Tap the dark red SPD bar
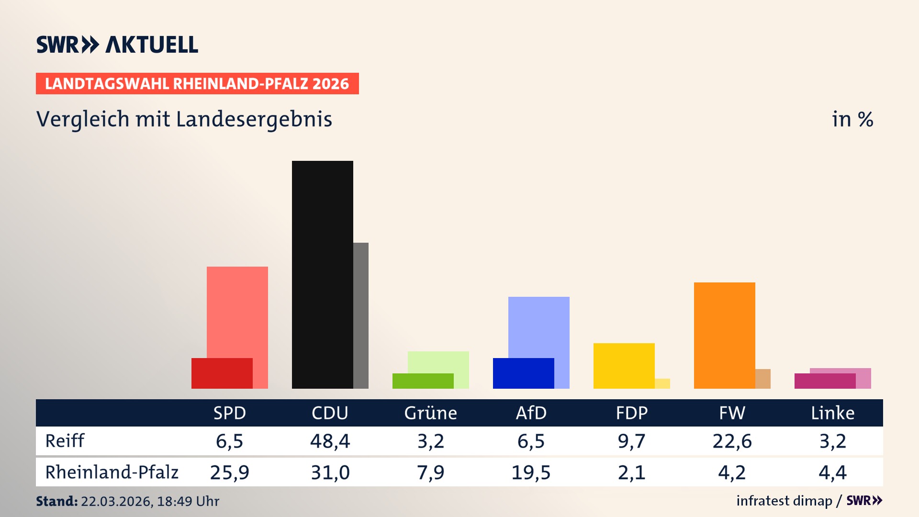point(222,373)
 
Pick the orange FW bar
point(724,335)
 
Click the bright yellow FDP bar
point(624,366)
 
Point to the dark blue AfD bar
point(523,373)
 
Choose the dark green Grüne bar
point(423,381)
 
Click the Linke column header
point(832,413)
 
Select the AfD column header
point(531,413)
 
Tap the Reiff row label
point(65,441)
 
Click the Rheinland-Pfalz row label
point(112,472)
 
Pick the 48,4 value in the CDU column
point(330,441)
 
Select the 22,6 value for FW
point(732,441)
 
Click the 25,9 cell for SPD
point(229,472)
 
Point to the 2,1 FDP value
point(631,472)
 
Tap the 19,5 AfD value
point(531,472)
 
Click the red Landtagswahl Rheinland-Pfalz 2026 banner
point(197,84)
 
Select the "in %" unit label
point(852,119)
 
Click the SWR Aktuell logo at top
point(117,45)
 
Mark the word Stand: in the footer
point(56,501)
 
